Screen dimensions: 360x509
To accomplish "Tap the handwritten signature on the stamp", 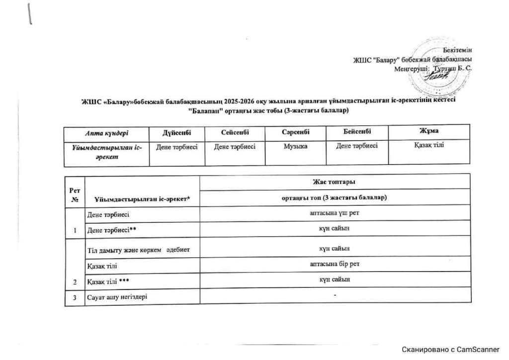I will click(x=439, y=76).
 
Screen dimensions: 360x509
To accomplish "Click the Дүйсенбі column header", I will click(x=176, y=132).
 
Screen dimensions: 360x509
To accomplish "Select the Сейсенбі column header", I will click(x=235, y=132).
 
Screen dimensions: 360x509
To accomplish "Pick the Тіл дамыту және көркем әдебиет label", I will click(x=138, y=249).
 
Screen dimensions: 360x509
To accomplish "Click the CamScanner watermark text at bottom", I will click(x=451, y=350).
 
